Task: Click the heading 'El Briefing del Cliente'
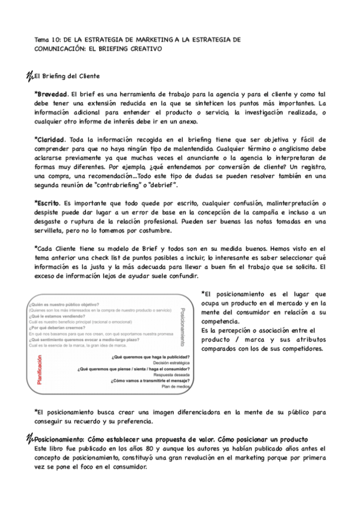click(66, 76)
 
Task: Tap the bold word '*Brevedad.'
click(52, 94)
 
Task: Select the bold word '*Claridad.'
click(51, 139)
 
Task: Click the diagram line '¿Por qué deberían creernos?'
click(58, 328)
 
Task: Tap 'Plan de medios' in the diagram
click(177, 387)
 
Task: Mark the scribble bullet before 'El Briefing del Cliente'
click(30, 76)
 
